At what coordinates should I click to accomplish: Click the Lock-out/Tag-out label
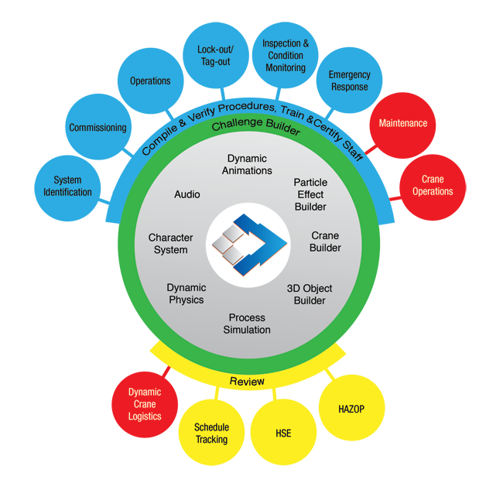pos(215,56)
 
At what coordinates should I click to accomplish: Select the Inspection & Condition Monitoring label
pos(286,56)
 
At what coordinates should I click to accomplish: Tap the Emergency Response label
pos(350,81)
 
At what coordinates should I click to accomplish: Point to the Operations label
pos(150,81)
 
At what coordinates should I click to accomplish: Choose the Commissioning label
pos(98,128)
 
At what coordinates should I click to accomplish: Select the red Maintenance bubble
pos(402,123)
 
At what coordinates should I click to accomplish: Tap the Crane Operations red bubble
pos(433,186)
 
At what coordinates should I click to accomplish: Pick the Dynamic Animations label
pos(249,164)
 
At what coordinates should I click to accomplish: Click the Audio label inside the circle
pos(187,194)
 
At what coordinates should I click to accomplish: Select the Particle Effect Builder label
pos(310,194)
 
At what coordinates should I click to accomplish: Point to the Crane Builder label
pos(325,242)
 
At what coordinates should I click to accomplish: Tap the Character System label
pos(170,244)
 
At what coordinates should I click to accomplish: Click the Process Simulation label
pos(247,324)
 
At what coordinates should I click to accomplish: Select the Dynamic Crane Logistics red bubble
pos(145,404)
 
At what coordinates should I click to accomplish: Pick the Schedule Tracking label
pos(211,434)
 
